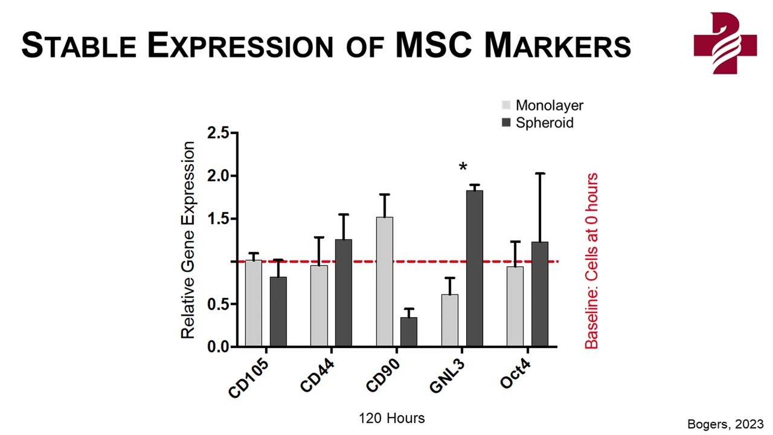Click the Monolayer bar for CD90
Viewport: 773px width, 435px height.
(385, 282)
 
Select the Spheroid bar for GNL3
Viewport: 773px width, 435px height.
(475, 268)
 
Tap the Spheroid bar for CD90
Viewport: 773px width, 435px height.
(409, 332)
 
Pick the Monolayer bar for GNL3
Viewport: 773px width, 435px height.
(450, 320)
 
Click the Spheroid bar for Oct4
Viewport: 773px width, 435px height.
(540, 294)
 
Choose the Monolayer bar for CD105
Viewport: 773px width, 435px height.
(254, 303)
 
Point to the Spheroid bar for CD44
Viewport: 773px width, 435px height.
(344, 293)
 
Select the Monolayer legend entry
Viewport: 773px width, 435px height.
(542, 106)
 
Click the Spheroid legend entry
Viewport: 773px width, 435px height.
(537, 123)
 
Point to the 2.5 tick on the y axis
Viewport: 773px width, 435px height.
(218, 134)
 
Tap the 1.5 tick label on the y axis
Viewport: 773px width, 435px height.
(218, 219)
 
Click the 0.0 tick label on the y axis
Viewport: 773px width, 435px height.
(218, 347)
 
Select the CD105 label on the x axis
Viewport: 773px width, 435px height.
(248, 379)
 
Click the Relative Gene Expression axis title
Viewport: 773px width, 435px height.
(188, 240)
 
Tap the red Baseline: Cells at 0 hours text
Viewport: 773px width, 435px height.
(591, 261)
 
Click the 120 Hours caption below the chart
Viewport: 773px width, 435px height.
(392, 418)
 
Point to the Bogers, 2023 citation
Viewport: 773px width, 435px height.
(725, 424)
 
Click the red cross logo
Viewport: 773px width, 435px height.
(725, 43)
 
